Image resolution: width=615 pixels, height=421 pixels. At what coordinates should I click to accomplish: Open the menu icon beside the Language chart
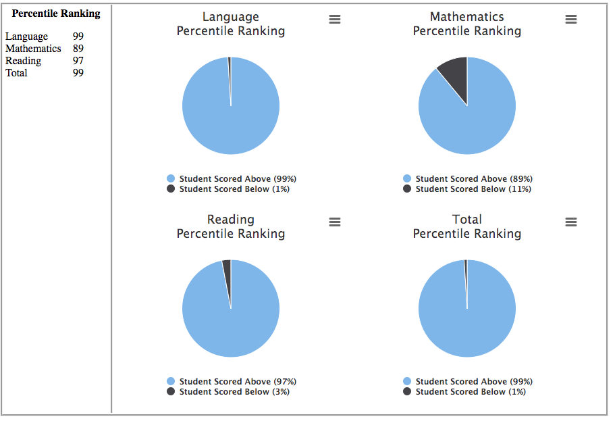(335, 20)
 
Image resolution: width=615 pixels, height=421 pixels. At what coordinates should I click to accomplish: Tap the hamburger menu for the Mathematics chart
(571, 20)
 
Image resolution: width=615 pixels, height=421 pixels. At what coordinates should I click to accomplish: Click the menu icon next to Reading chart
(335, 222)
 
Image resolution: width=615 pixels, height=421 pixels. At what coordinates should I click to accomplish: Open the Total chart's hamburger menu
(571, 222)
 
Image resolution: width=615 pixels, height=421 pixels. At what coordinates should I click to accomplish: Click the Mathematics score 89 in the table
(78, 49)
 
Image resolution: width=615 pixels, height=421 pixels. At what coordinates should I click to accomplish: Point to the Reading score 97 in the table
(78, 61)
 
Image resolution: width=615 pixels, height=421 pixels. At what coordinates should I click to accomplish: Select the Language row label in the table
(26, 36)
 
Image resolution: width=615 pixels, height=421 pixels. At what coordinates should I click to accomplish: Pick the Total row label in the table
(16, 73)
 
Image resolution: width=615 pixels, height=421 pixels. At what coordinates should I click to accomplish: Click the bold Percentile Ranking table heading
(56, 14)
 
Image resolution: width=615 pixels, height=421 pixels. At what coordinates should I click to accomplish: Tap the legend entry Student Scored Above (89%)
(473, 179)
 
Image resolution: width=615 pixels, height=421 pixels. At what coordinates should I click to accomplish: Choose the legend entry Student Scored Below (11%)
(473, 189)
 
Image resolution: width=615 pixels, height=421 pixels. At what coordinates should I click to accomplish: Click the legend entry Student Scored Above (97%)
(237, 382)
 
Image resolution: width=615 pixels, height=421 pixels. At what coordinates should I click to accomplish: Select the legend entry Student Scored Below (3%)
(234, 392)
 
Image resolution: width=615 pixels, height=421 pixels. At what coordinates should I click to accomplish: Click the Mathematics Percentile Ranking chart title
(467, 24)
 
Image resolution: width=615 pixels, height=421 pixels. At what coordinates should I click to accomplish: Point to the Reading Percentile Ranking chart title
(231, 226)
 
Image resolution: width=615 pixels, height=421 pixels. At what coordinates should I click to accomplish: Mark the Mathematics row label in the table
(33, 49)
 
